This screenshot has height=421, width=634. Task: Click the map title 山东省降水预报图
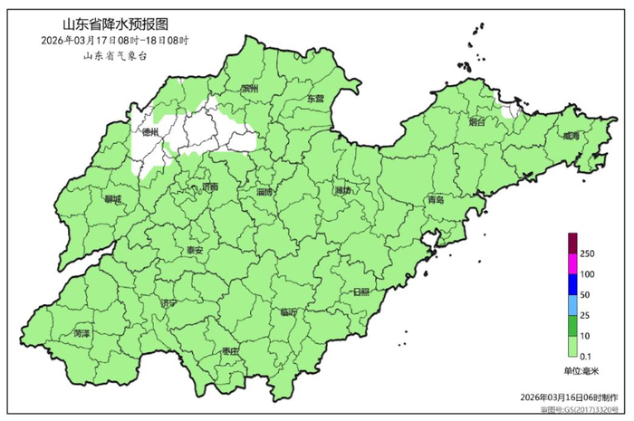(x=116, y=24)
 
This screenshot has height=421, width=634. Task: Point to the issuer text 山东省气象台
(x=114, y=56)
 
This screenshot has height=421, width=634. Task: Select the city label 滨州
(x=250, y=90)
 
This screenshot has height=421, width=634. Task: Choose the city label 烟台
(x=477, y=120)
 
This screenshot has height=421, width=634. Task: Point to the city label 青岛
(x=436, y=200)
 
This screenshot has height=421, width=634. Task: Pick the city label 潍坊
(x=342, y=190)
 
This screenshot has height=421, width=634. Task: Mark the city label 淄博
(x=265, y=192)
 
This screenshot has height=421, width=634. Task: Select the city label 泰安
(x=195, y=250)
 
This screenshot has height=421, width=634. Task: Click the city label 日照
(x=360, y=292)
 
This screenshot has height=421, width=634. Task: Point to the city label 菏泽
(x=82, y=333)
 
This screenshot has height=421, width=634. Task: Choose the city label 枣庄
(x=229, y=351)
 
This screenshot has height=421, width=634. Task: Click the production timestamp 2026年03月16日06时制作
(x=570, y=397)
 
